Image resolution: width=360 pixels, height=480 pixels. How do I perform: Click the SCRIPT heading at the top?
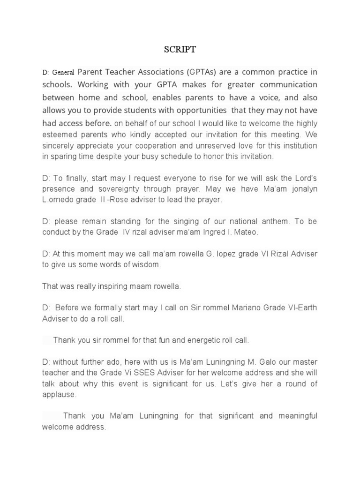click(180, 50)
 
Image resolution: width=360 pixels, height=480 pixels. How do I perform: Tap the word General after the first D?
click(63, 73)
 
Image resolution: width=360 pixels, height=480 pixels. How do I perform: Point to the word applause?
click(58, 395)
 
